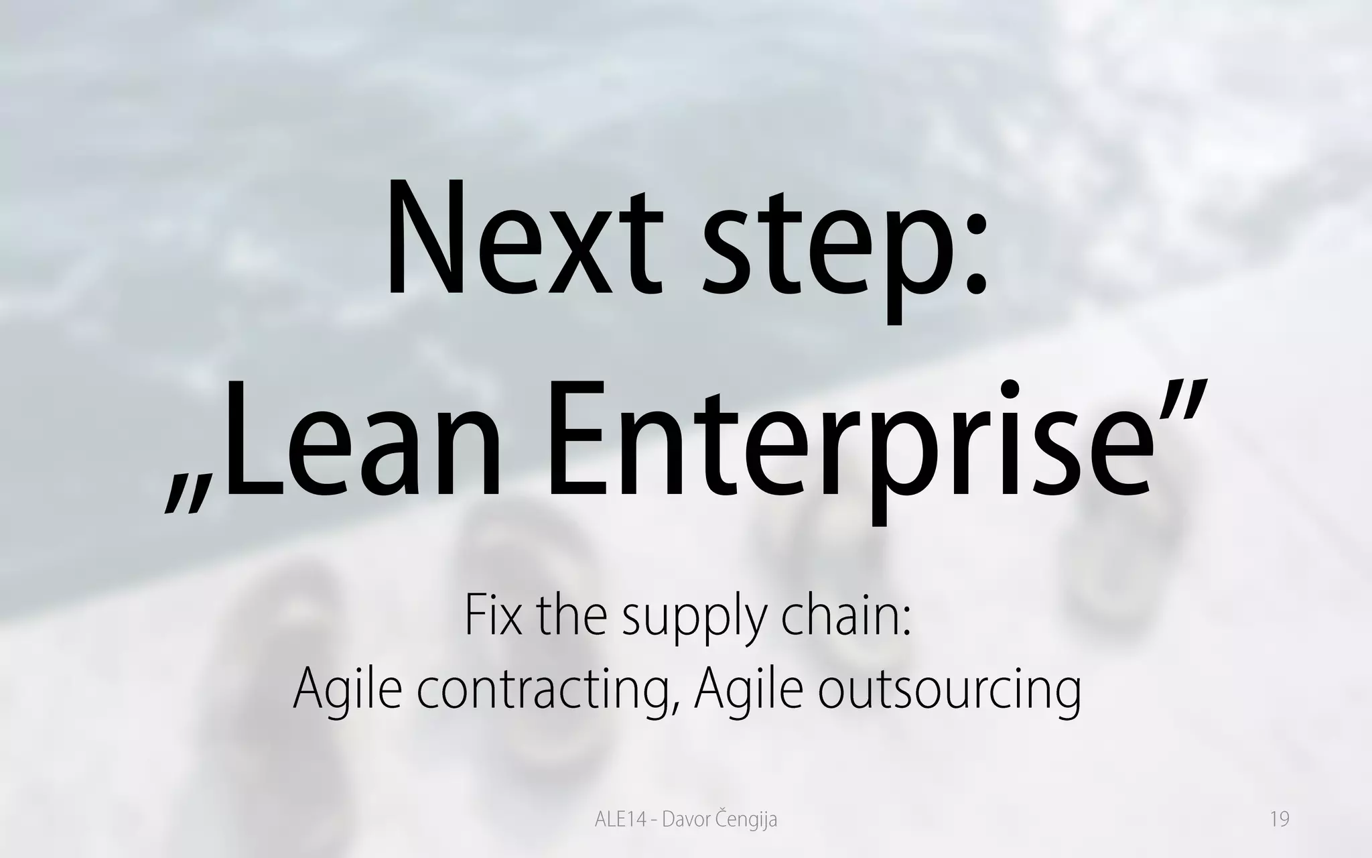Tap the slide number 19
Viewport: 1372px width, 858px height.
tap(1280, 820)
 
